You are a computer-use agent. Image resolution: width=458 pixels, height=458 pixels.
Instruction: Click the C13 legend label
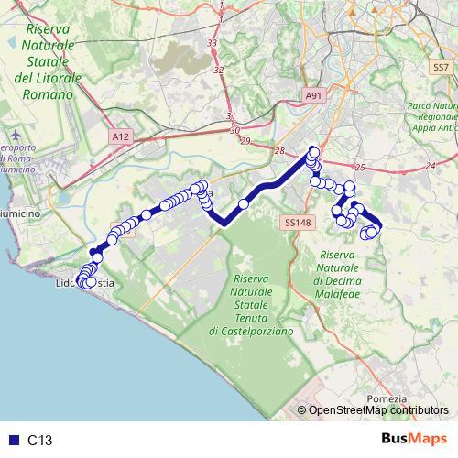pyautogui.click(x=40, y=440)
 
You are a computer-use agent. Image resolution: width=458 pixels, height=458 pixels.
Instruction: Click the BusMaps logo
pyautogui.click(x=413, y=439)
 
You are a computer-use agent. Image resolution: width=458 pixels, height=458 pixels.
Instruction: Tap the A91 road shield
pyautogui.click(x=313, y=95)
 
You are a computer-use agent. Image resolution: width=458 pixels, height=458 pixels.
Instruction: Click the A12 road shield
pyautogui.click(x=120, y=136)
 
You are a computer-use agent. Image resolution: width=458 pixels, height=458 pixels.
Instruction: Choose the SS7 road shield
pyautogui.click(x=441, y=67)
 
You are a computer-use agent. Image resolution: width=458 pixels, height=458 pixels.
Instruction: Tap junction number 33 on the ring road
pyautogui.click(x=213, y=43)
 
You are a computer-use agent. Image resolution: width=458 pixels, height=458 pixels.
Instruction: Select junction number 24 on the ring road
pyautogui.click(x=430, y=166)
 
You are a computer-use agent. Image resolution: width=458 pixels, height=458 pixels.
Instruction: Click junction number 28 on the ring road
pyautogui.click(x=280, y=151)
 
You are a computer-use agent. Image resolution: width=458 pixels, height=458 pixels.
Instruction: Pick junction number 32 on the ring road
pyautogui.click(x=218, y=70)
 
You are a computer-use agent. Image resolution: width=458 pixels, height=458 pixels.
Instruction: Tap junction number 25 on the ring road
pyautogui.click(x=360, y=168)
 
